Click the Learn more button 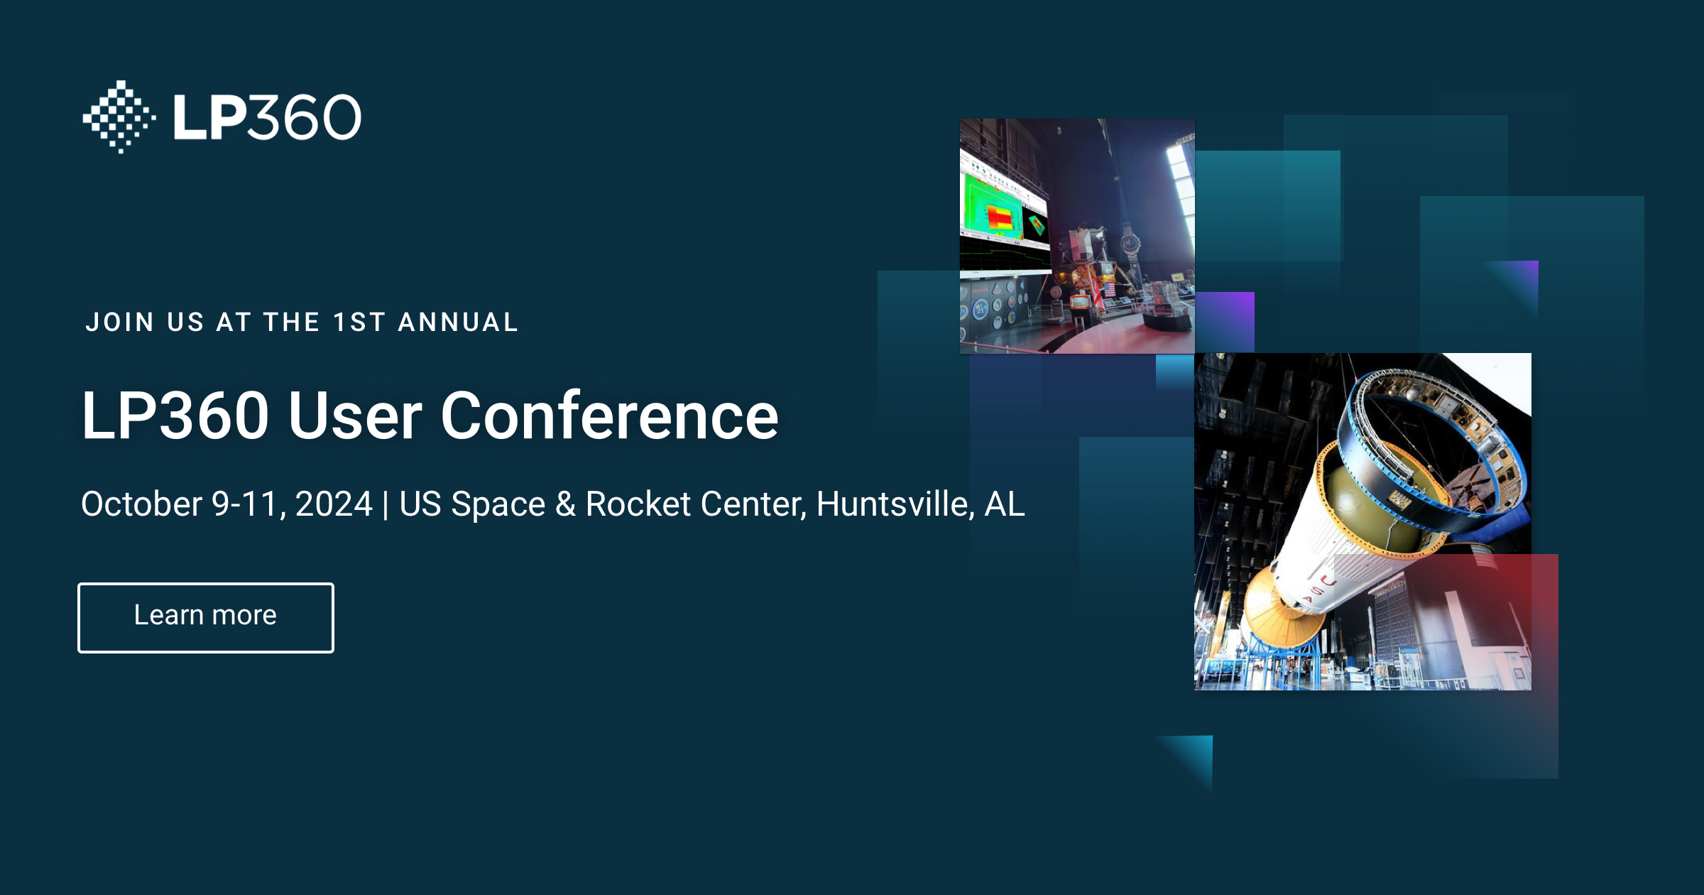[205, 617]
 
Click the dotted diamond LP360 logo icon [119, 117]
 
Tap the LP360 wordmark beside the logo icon [267, 117]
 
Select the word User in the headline [355, 416]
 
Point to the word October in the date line [141, 504]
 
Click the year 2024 [334, 504]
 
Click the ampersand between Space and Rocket [565, 504]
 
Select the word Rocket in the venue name [638, 504]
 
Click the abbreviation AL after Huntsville [1005, 504]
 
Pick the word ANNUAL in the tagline [458, 322]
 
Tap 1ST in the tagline [359, 322]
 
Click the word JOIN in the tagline [119, 322]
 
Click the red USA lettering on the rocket [1321, 590]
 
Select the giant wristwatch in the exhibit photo [1130, 244]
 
